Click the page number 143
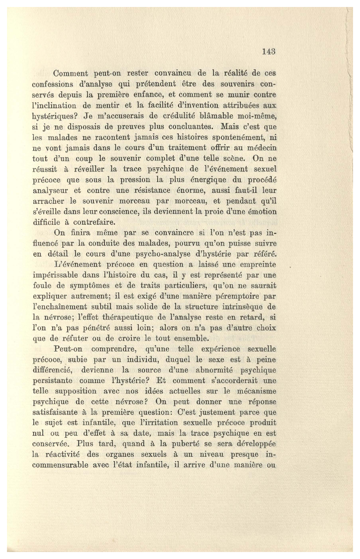(269, 51)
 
